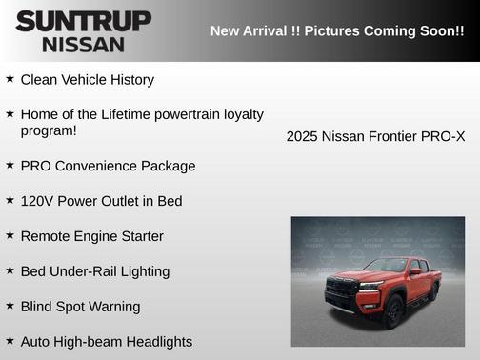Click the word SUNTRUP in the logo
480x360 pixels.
pos(83,21)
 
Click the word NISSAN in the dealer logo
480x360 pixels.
pos(83,44)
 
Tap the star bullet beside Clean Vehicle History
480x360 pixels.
pos(10,79)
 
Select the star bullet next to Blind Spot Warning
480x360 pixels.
pos(10,306)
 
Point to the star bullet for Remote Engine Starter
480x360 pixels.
pos(10,235)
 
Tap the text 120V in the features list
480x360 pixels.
pos(37,201)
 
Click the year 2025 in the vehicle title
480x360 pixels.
pos(302,136)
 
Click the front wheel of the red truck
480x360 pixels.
pos(391,310)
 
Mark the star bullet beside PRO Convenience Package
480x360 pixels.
pos(10,165)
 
